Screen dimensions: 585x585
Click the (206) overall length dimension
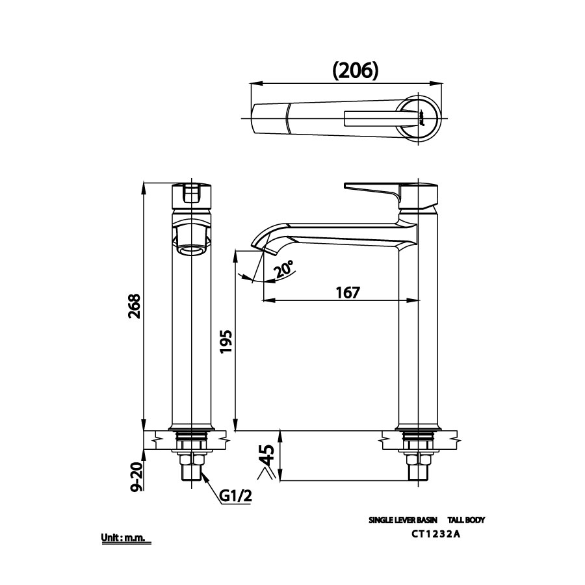(355, 70)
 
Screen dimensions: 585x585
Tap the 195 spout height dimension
(225, 341)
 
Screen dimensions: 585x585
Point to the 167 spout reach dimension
(348, 292)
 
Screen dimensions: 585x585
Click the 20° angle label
(284, 269)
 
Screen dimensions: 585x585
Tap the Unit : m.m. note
(125, 538)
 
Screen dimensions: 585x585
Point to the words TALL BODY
(466, 520)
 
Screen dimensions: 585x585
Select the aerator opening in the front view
(192, 250)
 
